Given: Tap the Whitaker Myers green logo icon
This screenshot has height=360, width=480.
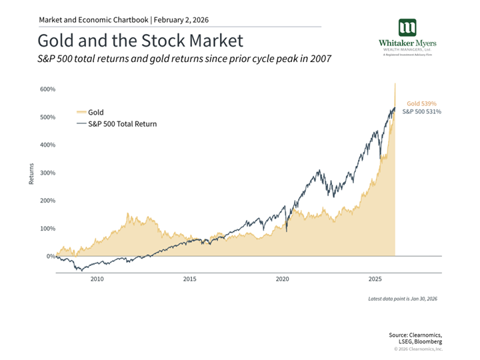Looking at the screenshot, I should pos(407,27).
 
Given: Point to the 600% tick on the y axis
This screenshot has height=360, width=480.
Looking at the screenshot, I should pos(47,89).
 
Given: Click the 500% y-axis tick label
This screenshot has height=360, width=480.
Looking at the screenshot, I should pos(47,117).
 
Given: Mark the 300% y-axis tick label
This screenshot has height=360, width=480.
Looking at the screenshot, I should pos(47,173).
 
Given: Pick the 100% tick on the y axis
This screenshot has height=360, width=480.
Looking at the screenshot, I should pos(47,229).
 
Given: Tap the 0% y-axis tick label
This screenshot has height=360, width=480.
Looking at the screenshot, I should pos(51,256).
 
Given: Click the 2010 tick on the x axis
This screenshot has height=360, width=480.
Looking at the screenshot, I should pos(97,279).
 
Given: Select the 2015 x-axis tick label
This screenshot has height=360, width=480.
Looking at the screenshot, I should pos(190,279).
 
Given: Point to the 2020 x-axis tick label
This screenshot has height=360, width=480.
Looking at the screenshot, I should pos(283,279).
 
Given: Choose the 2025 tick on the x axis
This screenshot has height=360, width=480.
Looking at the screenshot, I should pos(375,279).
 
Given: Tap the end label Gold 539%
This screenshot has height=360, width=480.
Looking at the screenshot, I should pos(421,104).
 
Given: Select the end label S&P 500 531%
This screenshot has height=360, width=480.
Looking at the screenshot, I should pos(421,112).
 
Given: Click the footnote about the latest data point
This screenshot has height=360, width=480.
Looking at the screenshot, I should pos(404,298).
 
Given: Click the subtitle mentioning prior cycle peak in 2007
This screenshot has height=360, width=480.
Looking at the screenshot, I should pos(184,60).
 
